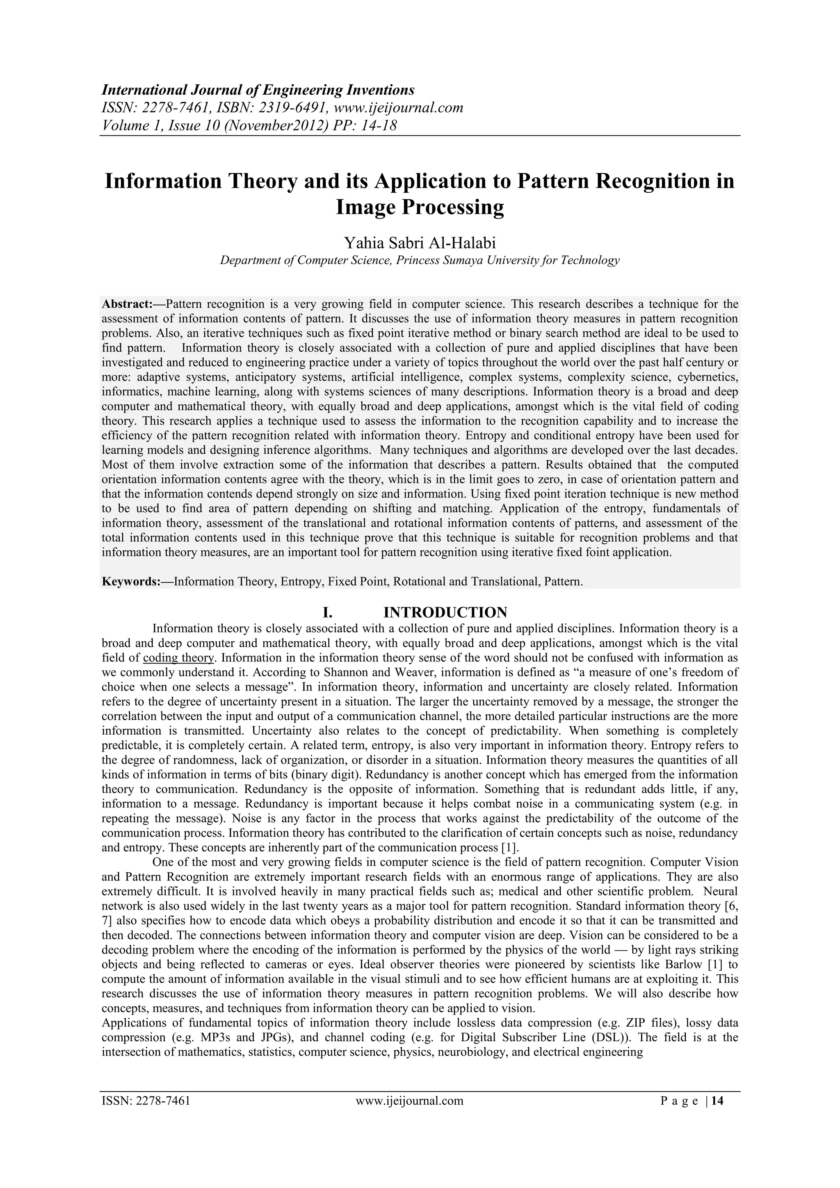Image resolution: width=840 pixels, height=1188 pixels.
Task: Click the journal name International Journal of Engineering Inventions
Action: (258, 90)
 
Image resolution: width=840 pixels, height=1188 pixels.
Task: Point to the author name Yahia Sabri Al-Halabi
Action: (420, 242)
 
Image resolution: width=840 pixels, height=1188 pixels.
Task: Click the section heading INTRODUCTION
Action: (445, 613)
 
